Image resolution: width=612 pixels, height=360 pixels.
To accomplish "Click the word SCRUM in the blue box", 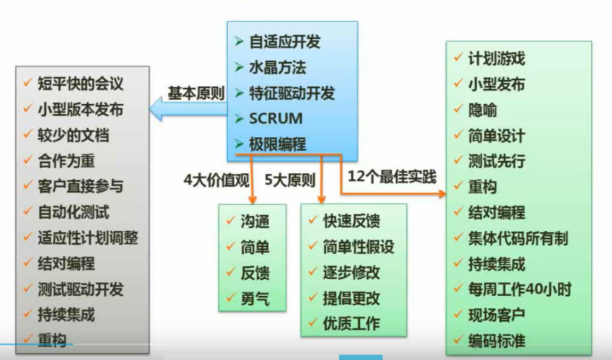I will point(276,119).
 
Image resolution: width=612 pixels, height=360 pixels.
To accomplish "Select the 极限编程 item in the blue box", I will point(277,144).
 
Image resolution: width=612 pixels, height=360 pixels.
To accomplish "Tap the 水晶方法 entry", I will point(277,68).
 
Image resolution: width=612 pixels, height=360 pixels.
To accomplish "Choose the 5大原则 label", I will point(290,180).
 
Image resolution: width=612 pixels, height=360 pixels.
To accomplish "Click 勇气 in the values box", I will point(255,298).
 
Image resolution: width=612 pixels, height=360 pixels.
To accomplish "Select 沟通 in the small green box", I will point(255,221).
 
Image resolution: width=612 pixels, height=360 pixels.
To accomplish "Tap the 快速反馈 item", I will point(351,221).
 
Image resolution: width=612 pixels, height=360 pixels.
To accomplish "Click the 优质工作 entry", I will point(351,323).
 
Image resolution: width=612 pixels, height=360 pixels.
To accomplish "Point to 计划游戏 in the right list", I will point(496,58).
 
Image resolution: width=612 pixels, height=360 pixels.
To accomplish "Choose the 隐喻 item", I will point(482,110).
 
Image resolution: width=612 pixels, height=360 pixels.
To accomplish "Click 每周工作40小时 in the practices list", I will point(519,289).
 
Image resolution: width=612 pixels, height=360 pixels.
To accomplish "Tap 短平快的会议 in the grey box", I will point(80,83).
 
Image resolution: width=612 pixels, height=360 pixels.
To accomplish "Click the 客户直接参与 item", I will point(80,186).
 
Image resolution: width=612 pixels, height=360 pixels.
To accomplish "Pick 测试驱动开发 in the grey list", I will point(80,289).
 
